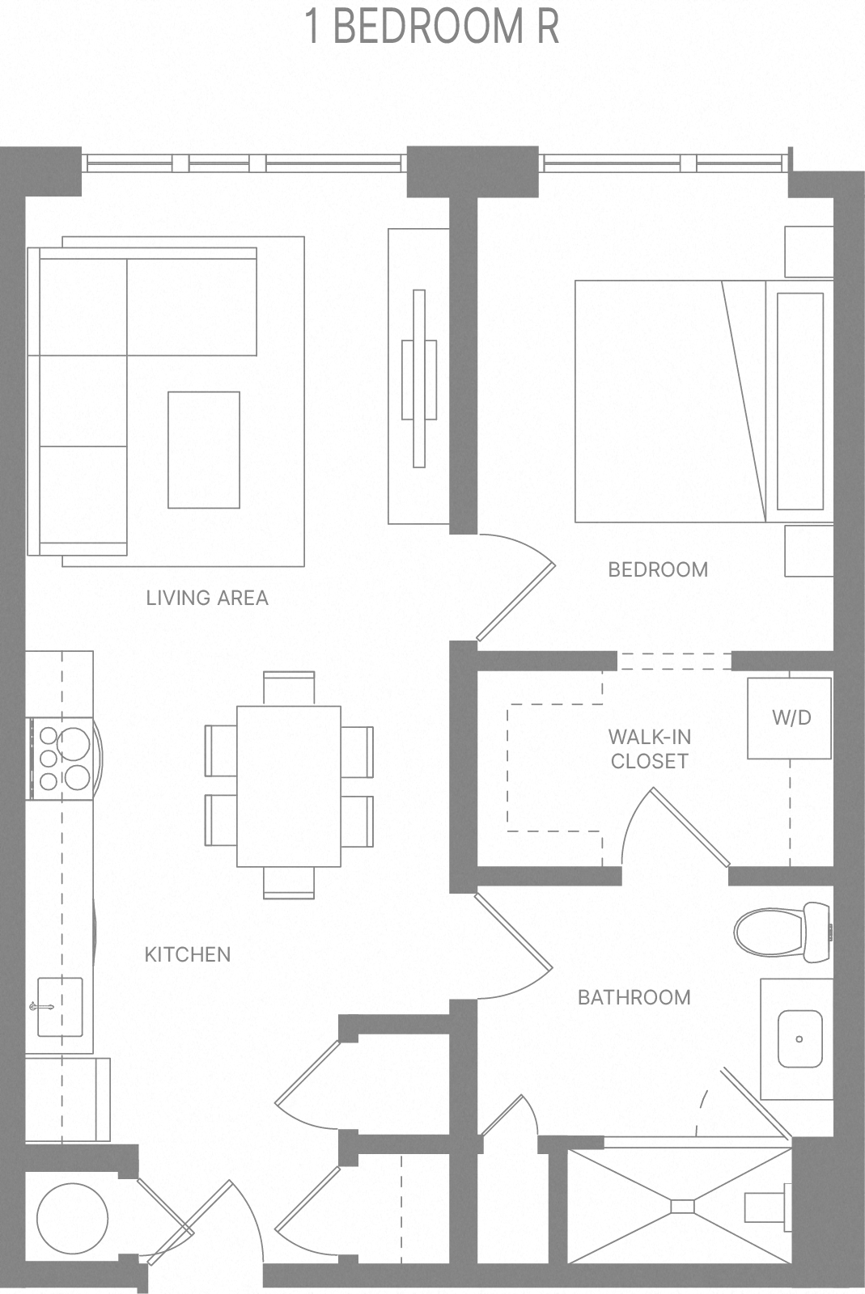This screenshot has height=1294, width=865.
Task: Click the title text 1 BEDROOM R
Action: [432, 27]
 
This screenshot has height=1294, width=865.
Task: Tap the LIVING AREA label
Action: [206, 598]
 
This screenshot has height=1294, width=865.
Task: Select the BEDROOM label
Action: [657, 569]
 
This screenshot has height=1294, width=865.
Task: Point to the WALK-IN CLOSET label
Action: [650, 749]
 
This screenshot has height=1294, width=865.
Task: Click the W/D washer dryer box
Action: [789, 717]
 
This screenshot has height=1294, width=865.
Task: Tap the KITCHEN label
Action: [187, 954]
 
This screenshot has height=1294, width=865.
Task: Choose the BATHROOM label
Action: [634, 997]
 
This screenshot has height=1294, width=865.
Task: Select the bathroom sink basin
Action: [799, 1038]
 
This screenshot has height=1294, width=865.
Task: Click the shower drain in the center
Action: [682, 1206]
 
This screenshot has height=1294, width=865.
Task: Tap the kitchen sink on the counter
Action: [59, 1007]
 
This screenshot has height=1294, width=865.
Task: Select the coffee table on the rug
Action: [204, 450]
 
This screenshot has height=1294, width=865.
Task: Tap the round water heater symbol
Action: [72, 1219]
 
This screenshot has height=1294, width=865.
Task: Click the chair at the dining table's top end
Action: [289, 687]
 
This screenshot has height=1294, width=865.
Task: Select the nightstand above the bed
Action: [808, 252]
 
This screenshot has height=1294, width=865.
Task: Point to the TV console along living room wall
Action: [418, 376]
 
